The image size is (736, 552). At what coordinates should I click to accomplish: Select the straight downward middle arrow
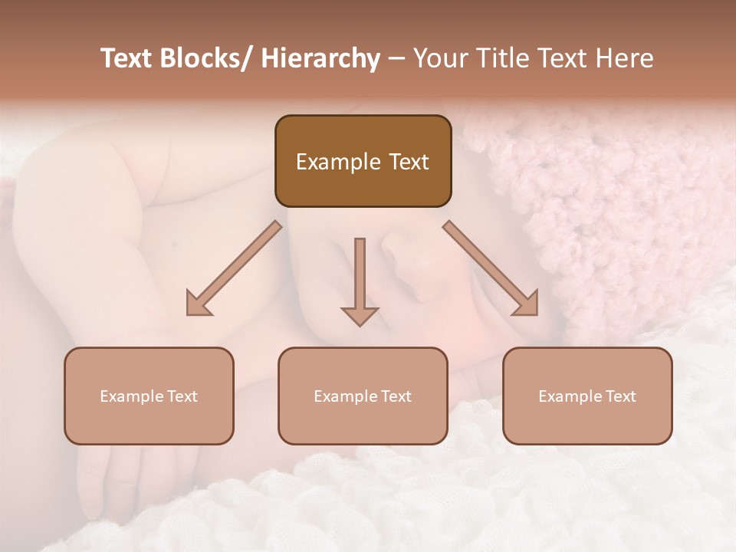coord(360,276)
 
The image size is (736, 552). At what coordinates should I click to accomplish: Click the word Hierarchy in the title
coord(320,58)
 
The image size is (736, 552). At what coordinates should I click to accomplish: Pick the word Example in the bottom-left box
coord(131,396)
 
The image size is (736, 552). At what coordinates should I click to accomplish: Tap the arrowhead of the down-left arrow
coord(197,305)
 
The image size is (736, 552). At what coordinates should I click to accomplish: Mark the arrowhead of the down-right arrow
coord(527,305)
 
